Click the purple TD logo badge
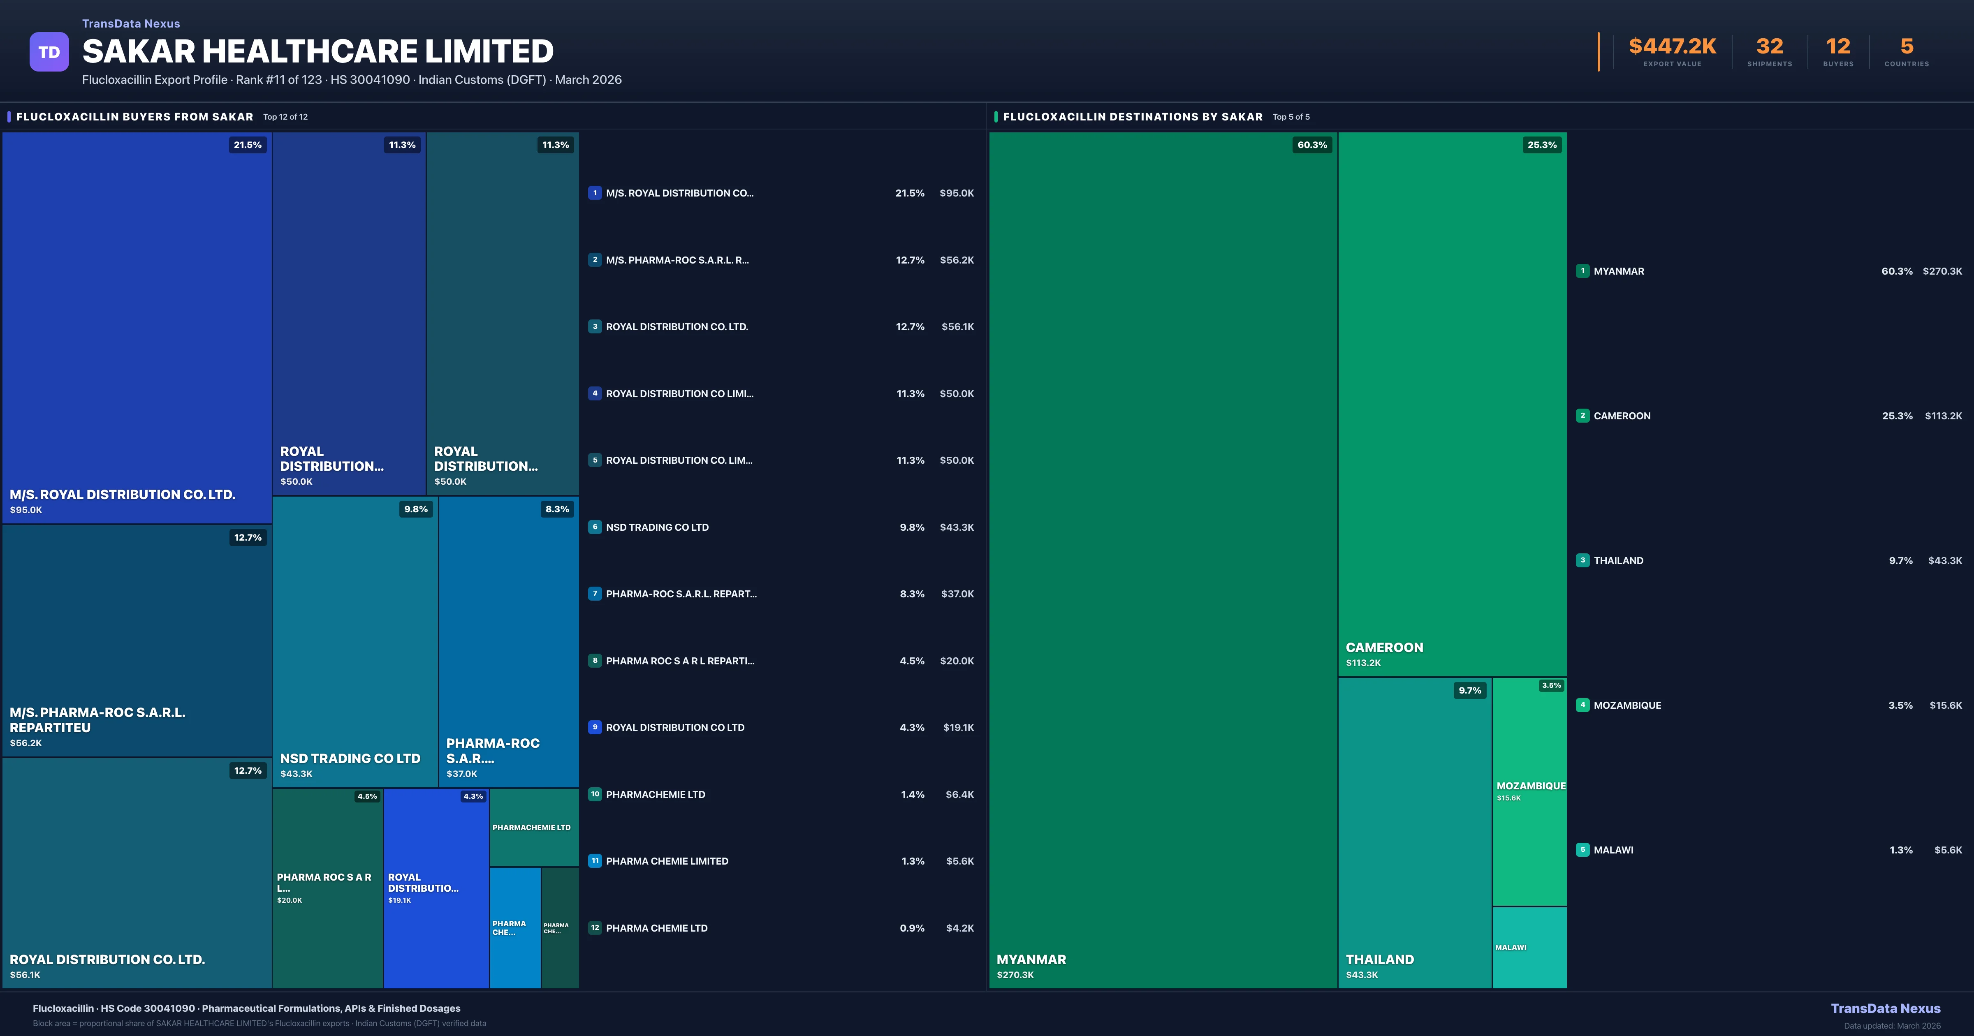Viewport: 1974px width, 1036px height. coord(49,52)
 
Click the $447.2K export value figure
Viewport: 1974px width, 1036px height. coord(1672,47)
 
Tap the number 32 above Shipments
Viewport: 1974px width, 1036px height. coord(1769,47)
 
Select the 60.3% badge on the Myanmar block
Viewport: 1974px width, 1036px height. coord(1312,145)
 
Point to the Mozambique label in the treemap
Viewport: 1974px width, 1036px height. coord(1530,786)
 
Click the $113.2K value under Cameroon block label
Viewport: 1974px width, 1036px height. coord(1363,663)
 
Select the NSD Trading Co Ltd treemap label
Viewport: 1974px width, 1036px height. coord(350,758)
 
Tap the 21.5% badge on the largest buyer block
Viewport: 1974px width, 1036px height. coord(248,145)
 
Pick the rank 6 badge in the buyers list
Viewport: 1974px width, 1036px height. coord(595,527)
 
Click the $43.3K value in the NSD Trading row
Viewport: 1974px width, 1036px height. coord(956,527)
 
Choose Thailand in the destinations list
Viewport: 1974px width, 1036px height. coord(1618,561)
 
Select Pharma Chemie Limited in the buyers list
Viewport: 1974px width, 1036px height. coord(667,861)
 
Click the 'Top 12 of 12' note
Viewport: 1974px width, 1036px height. coord(285,117)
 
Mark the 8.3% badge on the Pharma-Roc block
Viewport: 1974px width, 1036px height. coord(557,509)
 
